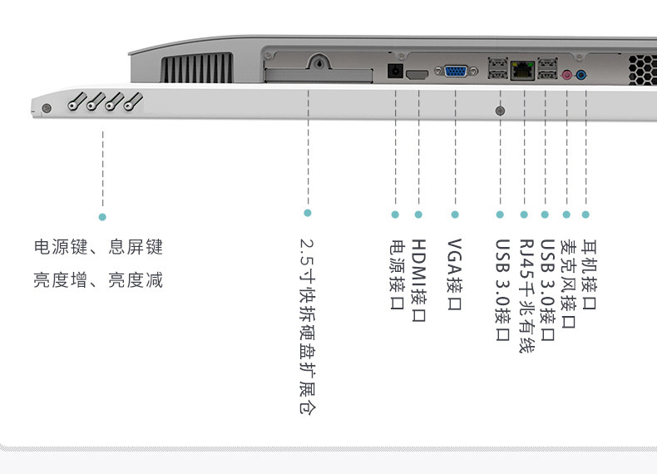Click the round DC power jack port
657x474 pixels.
(x=396, y=72)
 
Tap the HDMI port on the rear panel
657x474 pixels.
(x=418, y=75)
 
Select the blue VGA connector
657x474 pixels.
(x=455, y=72)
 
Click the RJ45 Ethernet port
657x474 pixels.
(x=523, y=71)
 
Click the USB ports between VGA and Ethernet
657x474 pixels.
(x=499, y=69)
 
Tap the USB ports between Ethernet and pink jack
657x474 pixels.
(x=546, y=69)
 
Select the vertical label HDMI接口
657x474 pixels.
(x=418, y=281)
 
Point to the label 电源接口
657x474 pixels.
(x=396, y=274)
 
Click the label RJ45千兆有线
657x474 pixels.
(x=525, y=296)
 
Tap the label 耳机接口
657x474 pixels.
(x=588, y=274)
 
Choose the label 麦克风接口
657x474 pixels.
(x=567, y=284)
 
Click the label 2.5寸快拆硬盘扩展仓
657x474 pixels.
(x=308, y=327)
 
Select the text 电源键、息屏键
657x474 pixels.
(x=98, y=247)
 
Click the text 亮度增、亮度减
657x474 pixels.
(x=98, y=280)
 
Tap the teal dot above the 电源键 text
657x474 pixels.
(x=102, y=217)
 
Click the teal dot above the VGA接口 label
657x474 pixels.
(x=455, y=215)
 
